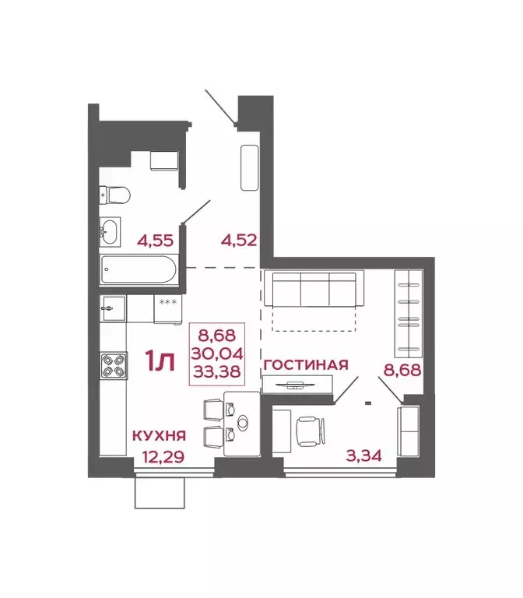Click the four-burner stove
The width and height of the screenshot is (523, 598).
(114, 365)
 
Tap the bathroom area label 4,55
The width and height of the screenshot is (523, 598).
(155, 240)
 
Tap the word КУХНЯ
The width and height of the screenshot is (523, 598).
(159, 438)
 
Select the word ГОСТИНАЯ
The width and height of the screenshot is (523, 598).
(304, 364)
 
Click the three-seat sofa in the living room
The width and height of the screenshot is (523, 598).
(313, 289)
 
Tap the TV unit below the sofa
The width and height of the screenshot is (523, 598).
(297, 384)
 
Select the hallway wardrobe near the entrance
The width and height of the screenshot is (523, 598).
(250, 167)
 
